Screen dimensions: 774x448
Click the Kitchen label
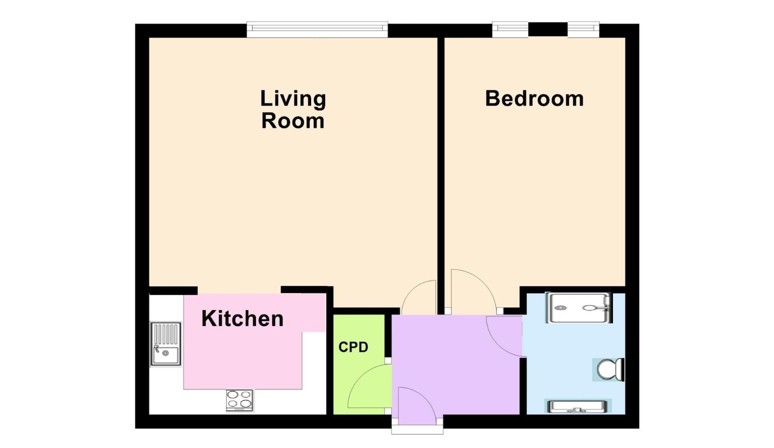point(242,318)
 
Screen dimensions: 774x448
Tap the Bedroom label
point(535,99)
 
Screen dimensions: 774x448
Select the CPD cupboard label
point(353,347)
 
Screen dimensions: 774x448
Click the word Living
point(293,99)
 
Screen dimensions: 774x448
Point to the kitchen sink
point(165,344)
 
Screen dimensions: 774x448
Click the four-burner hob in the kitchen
point(239,400)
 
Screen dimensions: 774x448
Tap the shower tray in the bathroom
point(579,308)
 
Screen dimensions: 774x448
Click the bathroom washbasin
point(578,406)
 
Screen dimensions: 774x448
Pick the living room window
point(317,30)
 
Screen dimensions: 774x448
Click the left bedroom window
point(510,30)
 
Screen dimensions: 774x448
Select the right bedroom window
point(583,30)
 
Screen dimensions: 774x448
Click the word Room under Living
point(293,121)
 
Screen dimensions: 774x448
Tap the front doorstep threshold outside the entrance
point(417,429)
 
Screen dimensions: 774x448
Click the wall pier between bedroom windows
point(548,30)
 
